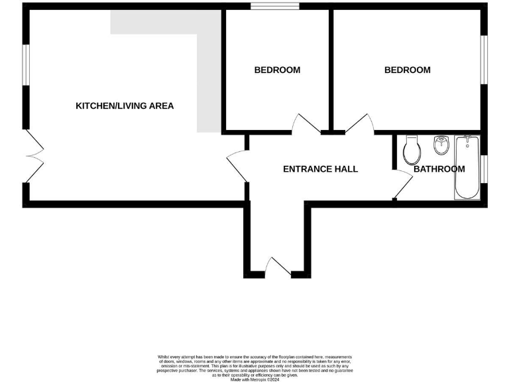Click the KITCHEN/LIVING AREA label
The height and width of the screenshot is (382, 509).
click(x=125, y=105)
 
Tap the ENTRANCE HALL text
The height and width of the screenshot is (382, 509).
click(x=320, y=169)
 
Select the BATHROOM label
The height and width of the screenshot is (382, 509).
click(x=439, y=169)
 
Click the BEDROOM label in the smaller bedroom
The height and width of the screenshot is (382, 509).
click(x=277, y=70)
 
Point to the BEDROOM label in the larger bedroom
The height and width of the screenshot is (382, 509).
click(x=407, y=70)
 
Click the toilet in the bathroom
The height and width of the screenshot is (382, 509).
click(x=411, y=151)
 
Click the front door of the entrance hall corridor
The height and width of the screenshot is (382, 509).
click(x=278, y=267)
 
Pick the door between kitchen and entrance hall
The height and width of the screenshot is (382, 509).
click(x=236, y=164)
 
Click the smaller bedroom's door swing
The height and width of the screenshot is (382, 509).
click(x=306, y=124)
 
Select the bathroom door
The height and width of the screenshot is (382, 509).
click(x=402, y=183)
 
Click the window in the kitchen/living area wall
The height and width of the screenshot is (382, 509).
click(x=26, y=64)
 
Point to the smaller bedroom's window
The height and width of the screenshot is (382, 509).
click(x=274, y=7)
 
